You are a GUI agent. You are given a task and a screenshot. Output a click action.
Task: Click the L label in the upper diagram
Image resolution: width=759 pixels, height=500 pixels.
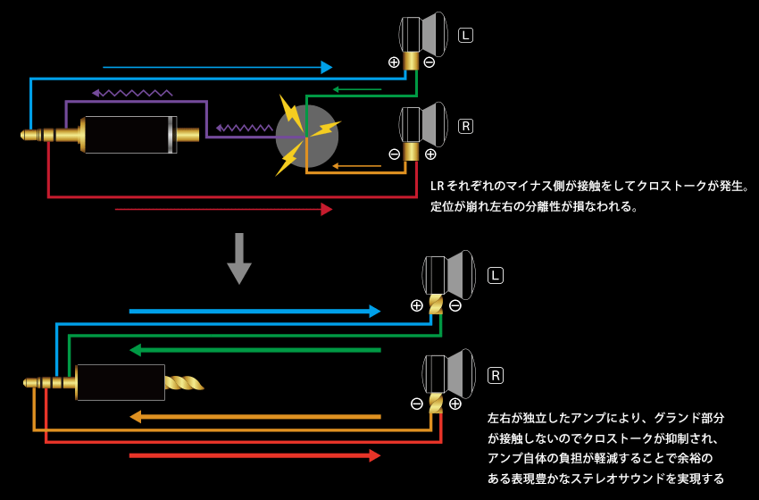(x=466, y=35)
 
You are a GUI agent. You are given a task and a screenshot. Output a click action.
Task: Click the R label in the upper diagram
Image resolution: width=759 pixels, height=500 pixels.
(x=465, y=126)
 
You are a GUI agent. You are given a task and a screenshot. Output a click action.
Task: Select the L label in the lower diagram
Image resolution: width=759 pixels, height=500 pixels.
(x=496, y=276)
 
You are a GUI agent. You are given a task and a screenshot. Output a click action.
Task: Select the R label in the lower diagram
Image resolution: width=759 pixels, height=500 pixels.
(x=496, y=375)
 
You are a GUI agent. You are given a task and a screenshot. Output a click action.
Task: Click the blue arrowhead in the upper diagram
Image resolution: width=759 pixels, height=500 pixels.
(x=327, y=67)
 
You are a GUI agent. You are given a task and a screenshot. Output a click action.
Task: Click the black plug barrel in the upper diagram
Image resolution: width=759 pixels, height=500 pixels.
(x=129, y=135)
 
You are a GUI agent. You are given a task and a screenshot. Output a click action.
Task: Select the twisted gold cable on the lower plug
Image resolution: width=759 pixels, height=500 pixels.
(x=185, y=383)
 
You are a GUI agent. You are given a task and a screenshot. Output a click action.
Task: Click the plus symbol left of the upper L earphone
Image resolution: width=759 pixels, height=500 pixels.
(x=394, y=62)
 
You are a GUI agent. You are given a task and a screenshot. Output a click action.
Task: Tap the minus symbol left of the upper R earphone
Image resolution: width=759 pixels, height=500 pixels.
(x=394, y=154)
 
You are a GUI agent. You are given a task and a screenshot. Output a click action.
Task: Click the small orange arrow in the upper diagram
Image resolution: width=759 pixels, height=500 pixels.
(x=356, y=165)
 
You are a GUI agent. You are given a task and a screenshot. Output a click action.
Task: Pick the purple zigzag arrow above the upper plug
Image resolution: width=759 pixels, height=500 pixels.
(x=132, y=92)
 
